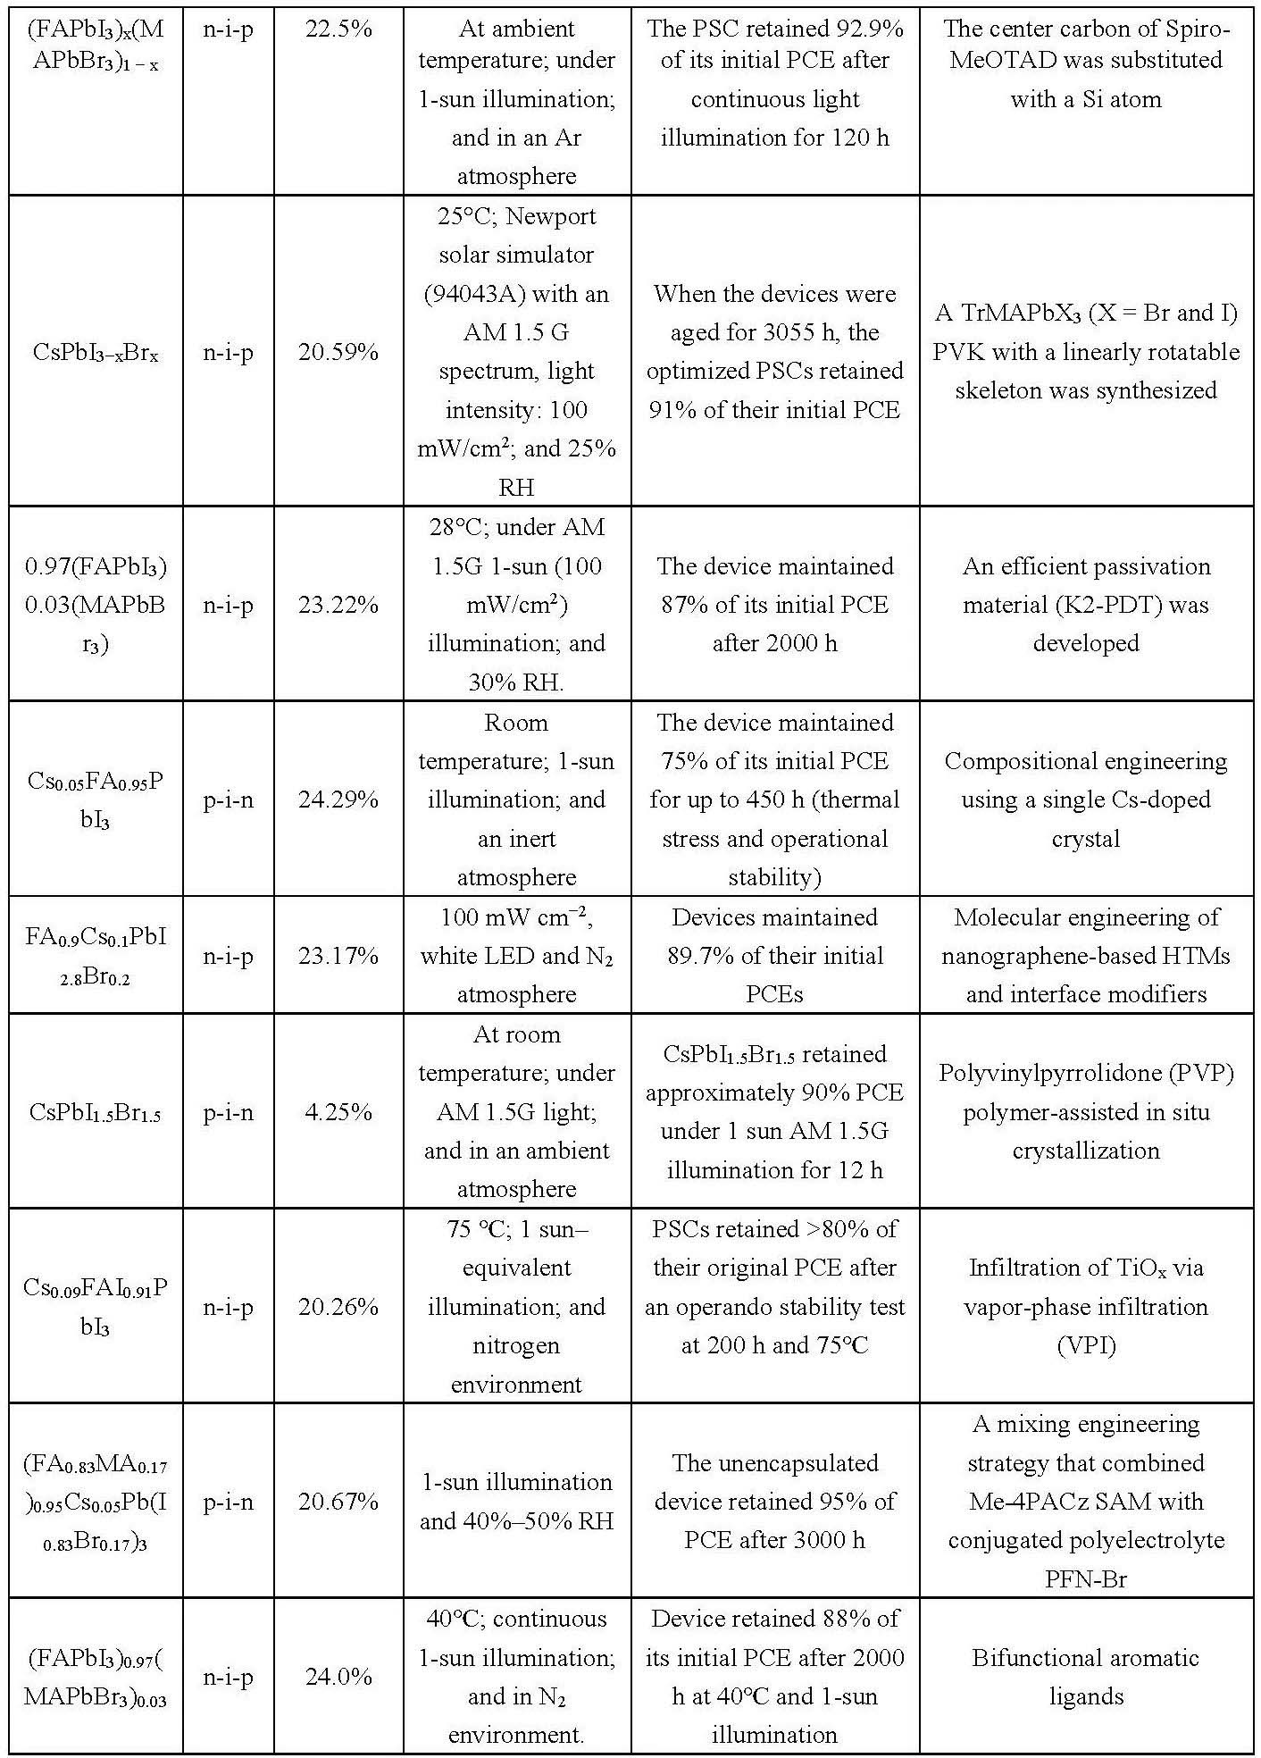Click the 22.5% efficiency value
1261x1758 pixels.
click(x=338, y=29)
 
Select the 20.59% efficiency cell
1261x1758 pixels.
click(x=338, y=352)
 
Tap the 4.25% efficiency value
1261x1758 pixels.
click(x=338, y=1112)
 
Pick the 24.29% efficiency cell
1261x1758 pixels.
click(x=338, y=799)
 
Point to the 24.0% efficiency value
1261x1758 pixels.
click(x=338, y=1677)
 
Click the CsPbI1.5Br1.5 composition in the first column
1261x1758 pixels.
click(x=95, y=1113)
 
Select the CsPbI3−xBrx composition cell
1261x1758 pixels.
click(x=95, y=353)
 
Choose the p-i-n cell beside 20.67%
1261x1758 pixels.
click(x=228, y=1502)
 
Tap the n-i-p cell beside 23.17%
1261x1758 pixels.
click(x=228, y=956)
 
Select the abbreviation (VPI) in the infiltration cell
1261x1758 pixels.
click(x=1086, y=1345)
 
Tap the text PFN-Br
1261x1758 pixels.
click(x=1086, y=1579)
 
